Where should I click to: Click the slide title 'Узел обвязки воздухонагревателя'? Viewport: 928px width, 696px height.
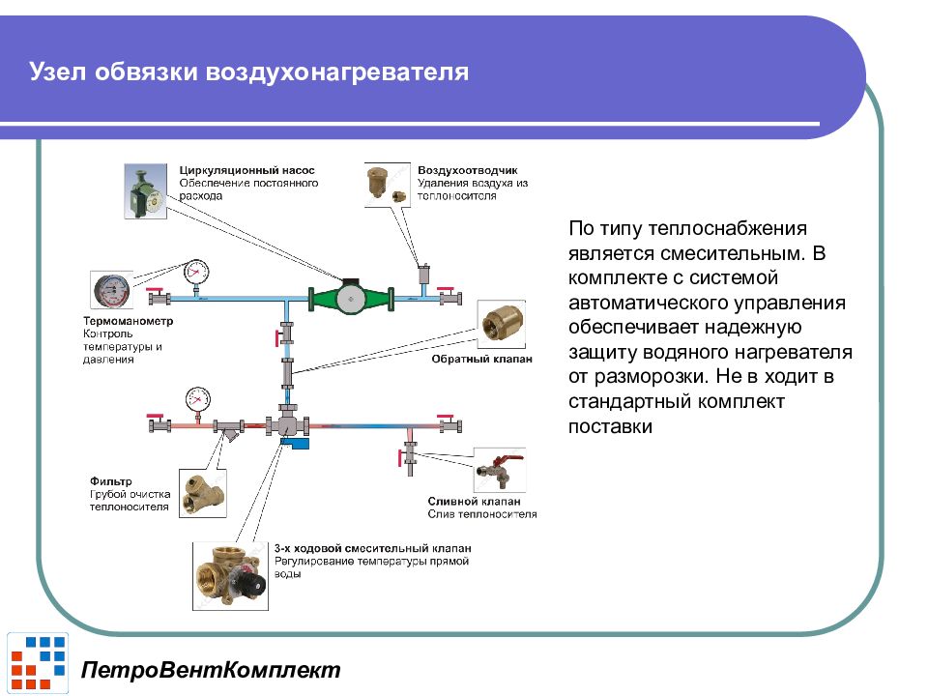tap(248, 73)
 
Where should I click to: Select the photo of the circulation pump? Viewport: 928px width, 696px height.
tap(146, 189)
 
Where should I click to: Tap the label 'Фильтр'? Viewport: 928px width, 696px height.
tap(111, 480)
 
